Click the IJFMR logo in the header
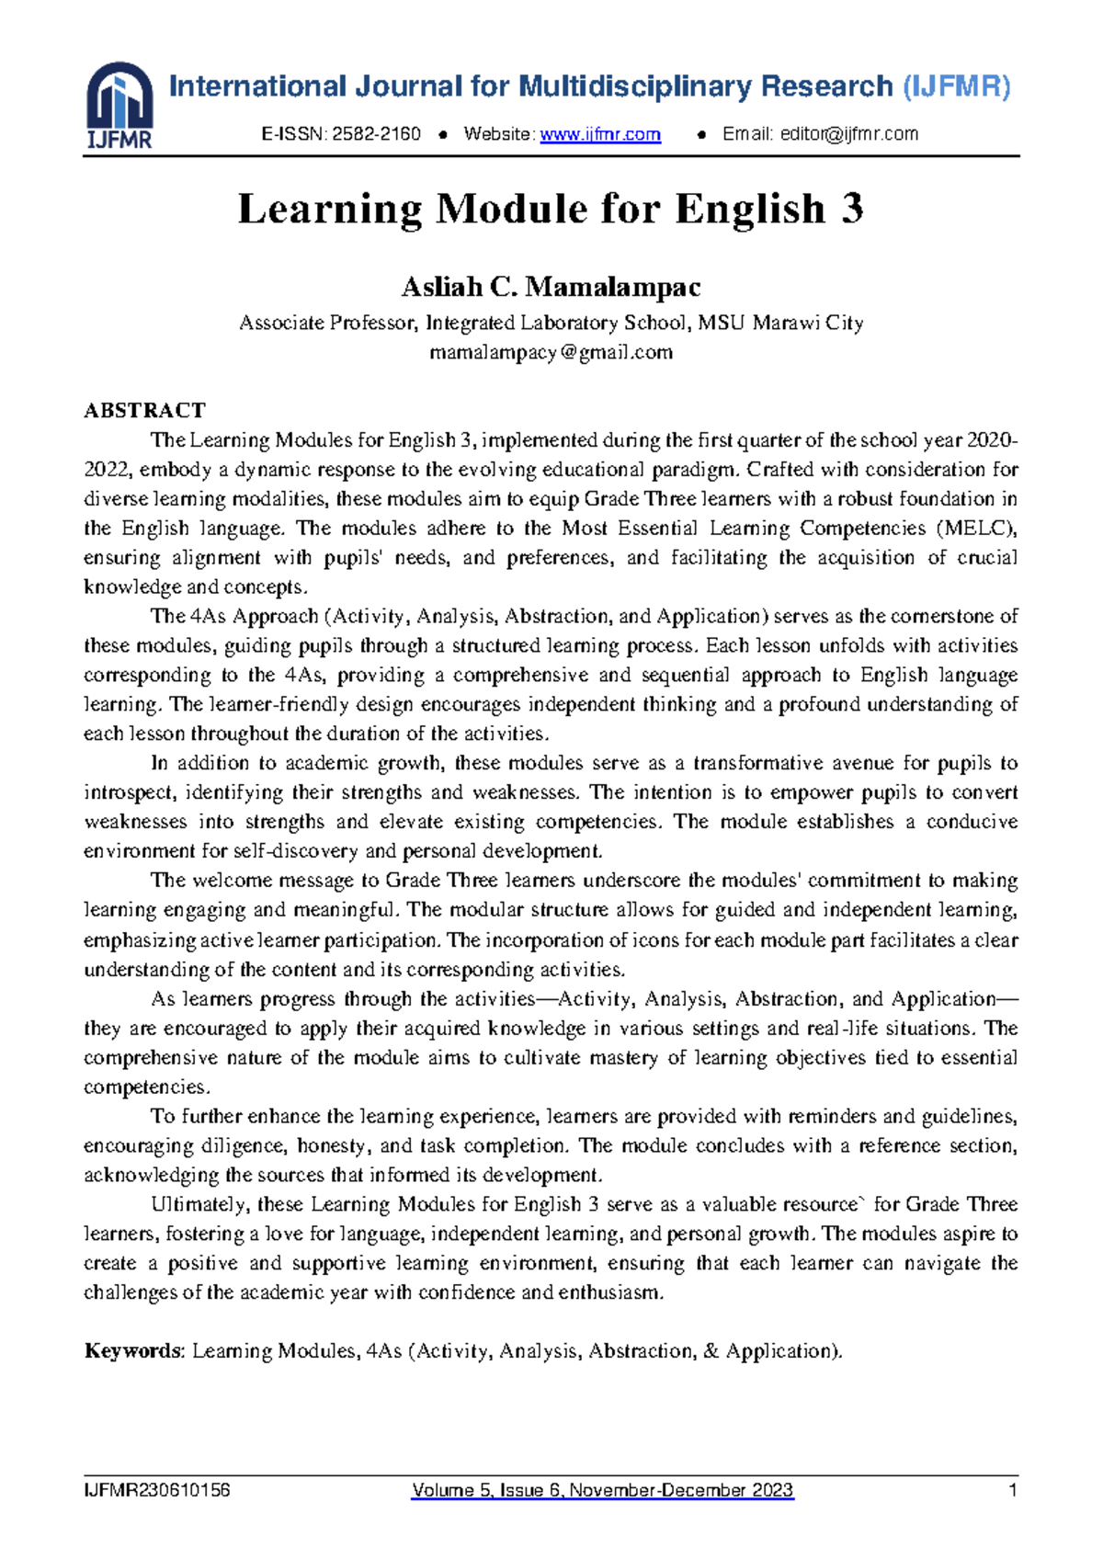pyautogui.click(x=119, y=106)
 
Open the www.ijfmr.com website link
pyautogui.click(x=600, y=134)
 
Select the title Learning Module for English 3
pyautogui.click(x=551, y=209)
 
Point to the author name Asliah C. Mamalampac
pyautogui.click(x=551, y=288)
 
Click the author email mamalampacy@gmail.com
pyautogui.click(x=551, y=352)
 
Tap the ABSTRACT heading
pyautogui.click(x=144, y=410)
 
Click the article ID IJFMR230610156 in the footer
pyautogui.click(x=156, y=1490)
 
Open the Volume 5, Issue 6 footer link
pyautogui.click(x=602, y=1490)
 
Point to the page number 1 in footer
pyautogui.click(x=1013, y=1490)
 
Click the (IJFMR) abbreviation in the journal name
pyautogui.click(x=956, y=87)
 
